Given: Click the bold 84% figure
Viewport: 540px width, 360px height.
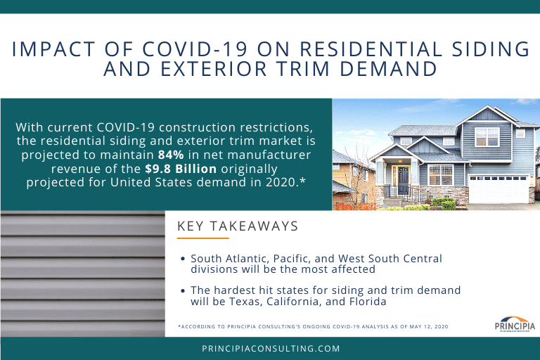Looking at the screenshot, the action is (x=171, y=155).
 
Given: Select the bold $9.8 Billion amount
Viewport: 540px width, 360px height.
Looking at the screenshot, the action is (x=181, y=169).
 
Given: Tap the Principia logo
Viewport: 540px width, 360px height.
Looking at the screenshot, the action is (x=515, y=325).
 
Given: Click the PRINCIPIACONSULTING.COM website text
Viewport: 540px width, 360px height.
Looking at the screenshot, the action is (x=271, y=349).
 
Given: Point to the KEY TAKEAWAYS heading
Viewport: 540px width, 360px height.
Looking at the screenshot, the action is (x=238, y=226).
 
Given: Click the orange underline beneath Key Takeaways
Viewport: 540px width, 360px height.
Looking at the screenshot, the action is (x=202, y=238).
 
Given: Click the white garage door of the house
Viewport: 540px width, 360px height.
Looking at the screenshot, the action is (x=499, y=188).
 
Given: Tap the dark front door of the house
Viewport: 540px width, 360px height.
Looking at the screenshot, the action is (x=403, y=181).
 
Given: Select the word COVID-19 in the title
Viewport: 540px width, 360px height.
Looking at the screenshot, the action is (x=195, y=49).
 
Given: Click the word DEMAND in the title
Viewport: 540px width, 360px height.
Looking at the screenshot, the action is (x=388, y=69).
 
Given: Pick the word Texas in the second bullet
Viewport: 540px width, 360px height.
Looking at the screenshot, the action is (x=245, y=302).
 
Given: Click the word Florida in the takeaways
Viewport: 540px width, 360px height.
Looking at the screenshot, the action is (x=368, y=302).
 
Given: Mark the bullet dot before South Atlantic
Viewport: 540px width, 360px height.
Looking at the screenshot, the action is (x=183, y=259).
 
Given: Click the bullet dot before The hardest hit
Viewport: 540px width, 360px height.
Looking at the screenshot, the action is (x=183, y=291).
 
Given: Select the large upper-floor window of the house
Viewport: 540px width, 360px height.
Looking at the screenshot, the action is (x=487, y=137).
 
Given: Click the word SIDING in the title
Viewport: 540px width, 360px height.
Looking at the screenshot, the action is (x=491, y=49).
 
